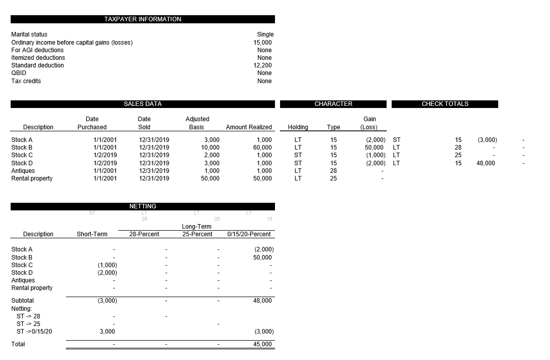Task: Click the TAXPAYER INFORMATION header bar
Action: [x=143, y=19]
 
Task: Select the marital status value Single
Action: [x=265, y=34]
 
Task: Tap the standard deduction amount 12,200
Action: [x=262, y=65]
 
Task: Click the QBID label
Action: [x=19, y=73]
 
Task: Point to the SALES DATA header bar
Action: [x=143, y=104]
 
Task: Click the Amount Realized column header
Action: [x=249, y=127]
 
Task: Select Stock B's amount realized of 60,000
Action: [x=262, y=148]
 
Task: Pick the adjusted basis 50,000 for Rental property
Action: [x=210, y=178]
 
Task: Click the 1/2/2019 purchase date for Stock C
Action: [x=105, y=155]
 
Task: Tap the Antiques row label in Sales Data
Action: [x=23, y=171]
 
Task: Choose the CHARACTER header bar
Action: [x=333, y=104]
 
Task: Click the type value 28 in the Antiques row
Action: [x=333, y=171]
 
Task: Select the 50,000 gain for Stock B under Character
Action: [x=375, y=148]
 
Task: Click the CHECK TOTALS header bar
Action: [x=445, y=104]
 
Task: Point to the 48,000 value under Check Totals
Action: [x=486, y=163]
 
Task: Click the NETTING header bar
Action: [x=143, y=206]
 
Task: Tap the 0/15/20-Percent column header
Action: [x=249, y=234]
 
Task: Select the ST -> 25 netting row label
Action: [x=28, y=323]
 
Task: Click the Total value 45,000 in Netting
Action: [x=262, y=344]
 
